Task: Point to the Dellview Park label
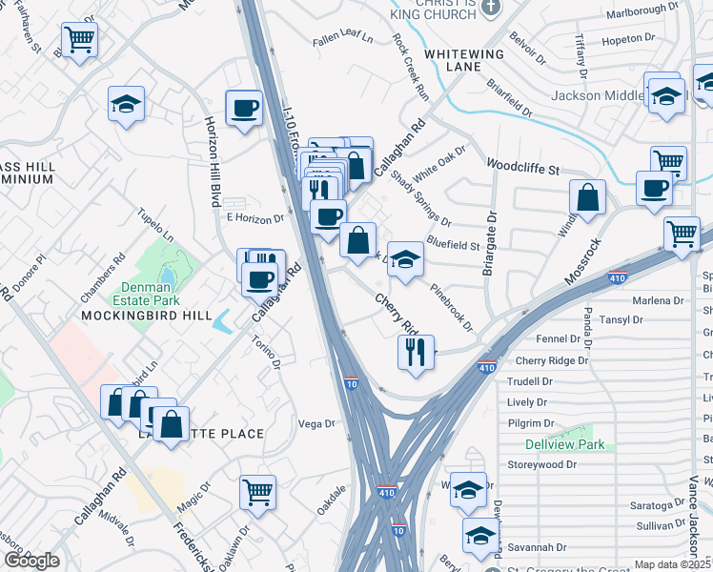click(x=564, y=444)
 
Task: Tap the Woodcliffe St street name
click(x=522, y=166)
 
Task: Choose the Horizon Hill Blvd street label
click(x=212, y=162)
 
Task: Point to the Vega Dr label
click(x=317, y=423)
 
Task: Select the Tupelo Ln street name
click(x=155, y=225)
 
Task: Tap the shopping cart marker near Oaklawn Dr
click(x=257, y=492)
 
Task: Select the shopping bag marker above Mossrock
click(x=589, y=197)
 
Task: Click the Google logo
click(x=31, y=561)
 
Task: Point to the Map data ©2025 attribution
click(x=672, y=564)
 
